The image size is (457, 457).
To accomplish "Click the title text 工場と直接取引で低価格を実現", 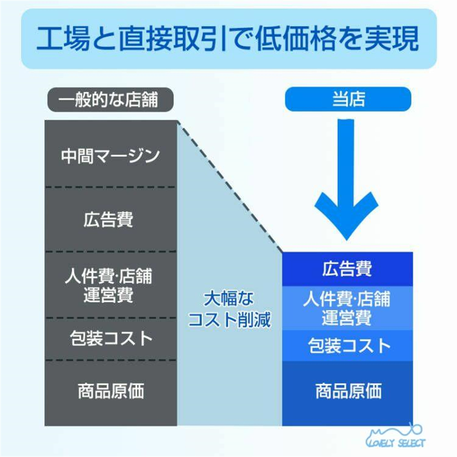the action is point(228,38).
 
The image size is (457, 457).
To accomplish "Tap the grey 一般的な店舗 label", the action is point(111,99).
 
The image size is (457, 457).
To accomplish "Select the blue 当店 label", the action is point(348,99).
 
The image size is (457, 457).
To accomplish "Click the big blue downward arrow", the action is point(346,180).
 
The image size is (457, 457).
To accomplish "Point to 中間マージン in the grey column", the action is point(111,156).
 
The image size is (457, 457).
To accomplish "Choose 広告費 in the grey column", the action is point(108,219).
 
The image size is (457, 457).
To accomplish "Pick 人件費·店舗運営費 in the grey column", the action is point(108,285).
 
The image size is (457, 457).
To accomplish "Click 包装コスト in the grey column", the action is point(111,338).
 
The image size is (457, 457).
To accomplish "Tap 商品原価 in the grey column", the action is point(111,391).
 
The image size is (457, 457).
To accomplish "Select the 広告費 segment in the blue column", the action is point(348,269).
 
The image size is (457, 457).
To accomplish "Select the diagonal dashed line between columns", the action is point(230,186).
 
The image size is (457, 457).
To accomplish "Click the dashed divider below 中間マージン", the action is point(111,187).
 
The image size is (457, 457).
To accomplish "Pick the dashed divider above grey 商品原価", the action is point(111,361).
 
